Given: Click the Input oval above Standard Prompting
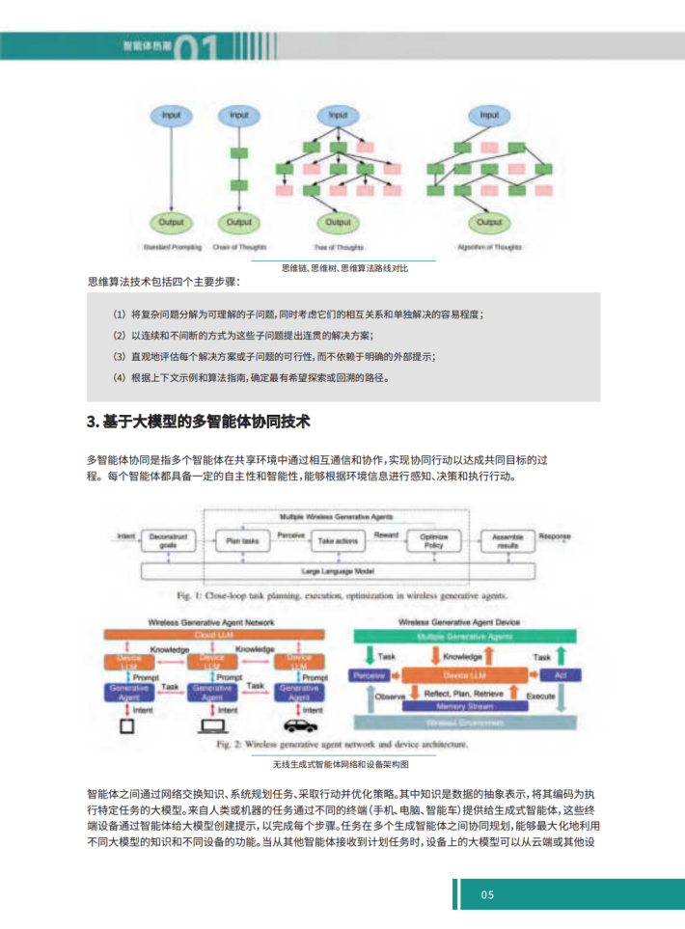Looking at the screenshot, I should click(171, 117).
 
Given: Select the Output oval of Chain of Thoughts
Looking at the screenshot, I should click(237, 223).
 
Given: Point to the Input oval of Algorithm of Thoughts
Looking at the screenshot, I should click(489, 117).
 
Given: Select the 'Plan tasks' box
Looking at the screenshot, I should click(242, 541).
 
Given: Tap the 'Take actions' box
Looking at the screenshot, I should click(338, 541).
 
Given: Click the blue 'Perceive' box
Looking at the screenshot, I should click(370, 674).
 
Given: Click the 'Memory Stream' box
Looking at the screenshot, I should click(464, 705).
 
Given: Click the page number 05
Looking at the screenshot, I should click(487, 894).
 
